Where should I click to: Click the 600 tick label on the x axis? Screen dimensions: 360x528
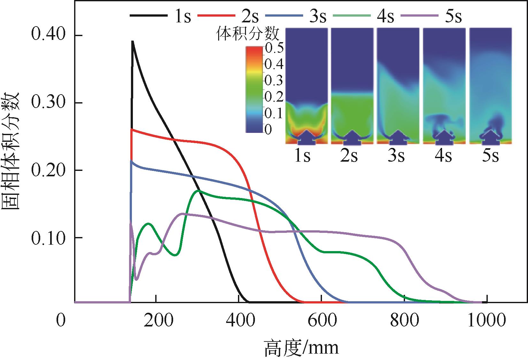click(322, 320)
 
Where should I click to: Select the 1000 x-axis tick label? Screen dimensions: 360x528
click(486, 320)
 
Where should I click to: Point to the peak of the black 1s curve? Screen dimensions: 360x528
click(132, 42)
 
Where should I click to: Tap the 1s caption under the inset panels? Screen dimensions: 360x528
click(302, 156)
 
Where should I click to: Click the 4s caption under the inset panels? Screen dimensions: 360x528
click(444, 156)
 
